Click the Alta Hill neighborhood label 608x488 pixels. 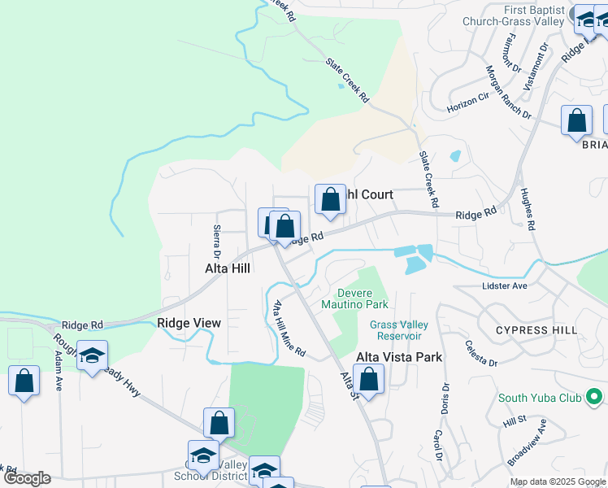(x=227, y=268)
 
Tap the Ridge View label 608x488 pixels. (x=189, y=323)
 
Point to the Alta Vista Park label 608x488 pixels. (x=399, y=357)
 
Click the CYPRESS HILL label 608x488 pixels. (x=536, y=330)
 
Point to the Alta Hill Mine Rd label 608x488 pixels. (x=289, y=329)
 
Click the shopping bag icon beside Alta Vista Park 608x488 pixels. (x=369, y=380)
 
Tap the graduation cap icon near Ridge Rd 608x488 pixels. (x=93, y=356)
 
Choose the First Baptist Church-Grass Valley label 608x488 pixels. (x=513, y=15)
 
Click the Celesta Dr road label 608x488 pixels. (x=470, y=351)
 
